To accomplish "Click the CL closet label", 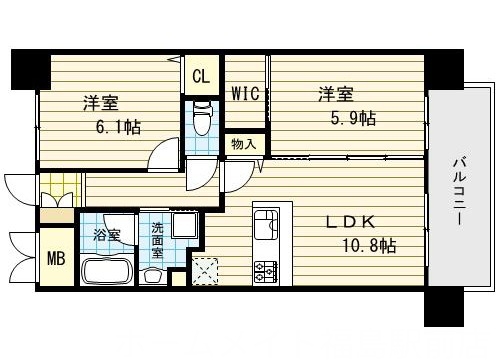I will (200, 76).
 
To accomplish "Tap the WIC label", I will (245, 95).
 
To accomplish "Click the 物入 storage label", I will (243, 145).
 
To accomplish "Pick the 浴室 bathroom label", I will (107, 236).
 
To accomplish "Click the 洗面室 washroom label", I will (157, 241).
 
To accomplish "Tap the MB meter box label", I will (55, 258).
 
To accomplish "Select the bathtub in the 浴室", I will (110, 271).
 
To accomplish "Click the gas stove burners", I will (267, 269).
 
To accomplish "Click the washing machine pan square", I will (185, 225).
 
